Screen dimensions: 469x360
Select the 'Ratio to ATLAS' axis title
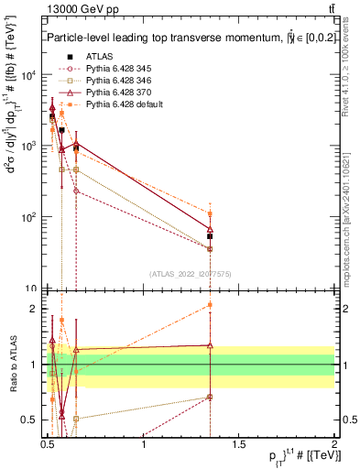(16, 365)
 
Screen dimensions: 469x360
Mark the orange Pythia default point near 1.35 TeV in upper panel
(210, 213)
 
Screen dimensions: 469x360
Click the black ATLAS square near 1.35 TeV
(210, 236)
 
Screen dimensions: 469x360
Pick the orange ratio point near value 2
(210, 305)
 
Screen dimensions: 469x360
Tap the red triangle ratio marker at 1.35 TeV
(210, 345)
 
